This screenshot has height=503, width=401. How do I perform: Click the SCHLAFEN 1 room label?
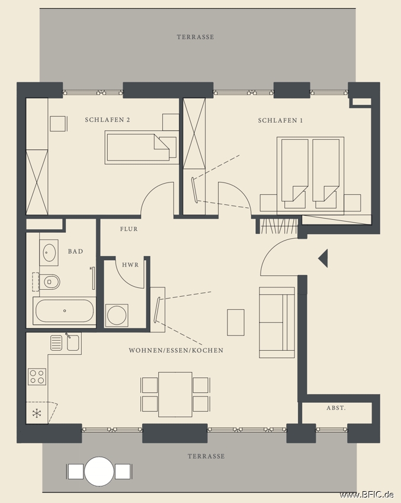pyautogui.click(x=280, y=121)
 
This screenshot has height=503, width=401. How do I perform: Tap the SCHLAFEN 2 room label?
pyautogui.click(x=107, y=120)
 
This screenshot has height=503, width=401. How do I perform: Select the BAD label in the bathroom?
pyautogui.click(x=75, y=252)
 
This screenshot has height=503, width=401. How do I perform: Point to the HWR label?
pyautogui.click(x=130, y=265)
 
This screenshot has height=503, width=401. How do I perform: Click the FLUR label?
pyautogui.click(x=129, y=229)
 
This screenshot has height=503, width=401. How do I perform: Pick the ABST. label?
pyautogui.click(x=336, y=408)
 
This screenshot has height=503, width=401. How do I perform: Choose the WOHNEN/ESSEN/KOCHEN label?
pyautogui.click(x=176, y=351)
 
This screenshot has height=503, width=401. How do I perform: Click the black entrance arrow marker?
pyautogui.click(x=323, y=258)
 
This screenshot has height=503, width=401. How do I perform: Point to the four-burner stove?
pyautogui.click(x=37, y=376)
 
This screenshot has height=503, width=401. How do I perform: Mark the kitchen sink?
pyautogui.click(x=73, y=342)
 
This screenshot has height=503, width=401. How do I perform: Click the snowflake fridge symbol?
pyautogui.click(x=37, y=413)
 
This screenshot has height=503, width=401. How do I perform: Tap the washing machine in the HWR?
pyautogui.click(x=117, y=315)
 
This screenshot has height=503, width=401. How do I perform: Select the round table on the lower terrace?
pyautogui.click(x=99, y=472)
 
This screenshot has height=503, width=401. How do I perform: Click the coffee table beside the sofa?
pyautogui.click(x=236, y=322)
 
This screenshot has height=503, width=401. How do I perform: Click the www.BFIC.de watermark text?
pyautogui.click(x=367, y=495)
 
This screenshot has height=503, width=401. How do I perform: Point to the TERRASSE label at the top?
pyautogui.click(x=195, y=37)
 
